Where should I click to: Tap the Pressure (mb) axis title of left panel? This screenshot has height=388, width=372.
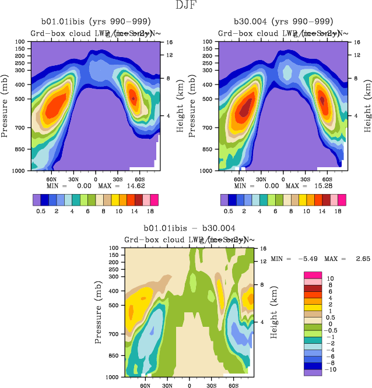(x=5, y=106)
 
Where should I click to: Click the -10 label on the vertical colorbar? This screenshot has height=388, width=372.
(x=329, y=369)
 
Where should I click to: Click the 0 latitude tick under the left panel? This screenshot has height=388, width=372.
(x=96, y=179)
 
